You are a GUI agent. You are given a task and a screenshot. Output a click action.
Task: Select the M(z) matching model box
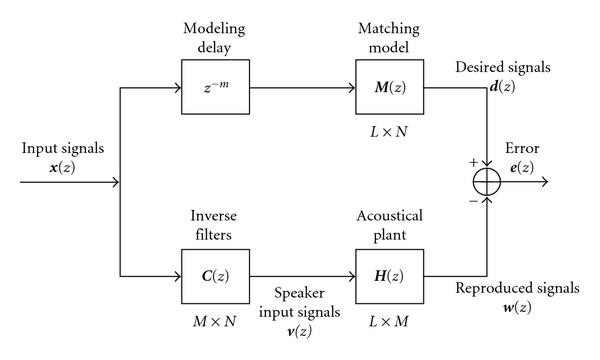385,89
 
